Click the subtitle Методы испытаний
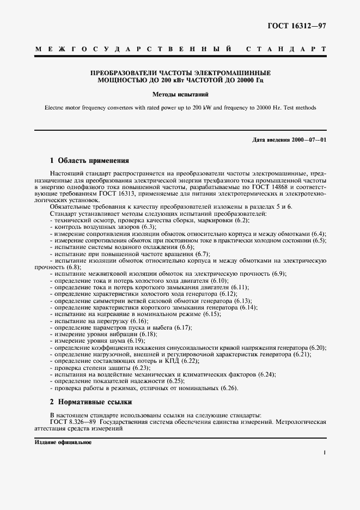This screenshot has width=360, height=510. tap(179, 94)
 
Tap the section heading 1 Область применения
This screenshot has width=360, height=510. tap(89, 161)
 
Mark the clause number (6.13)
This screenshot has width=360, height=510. tap(242, 300)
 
